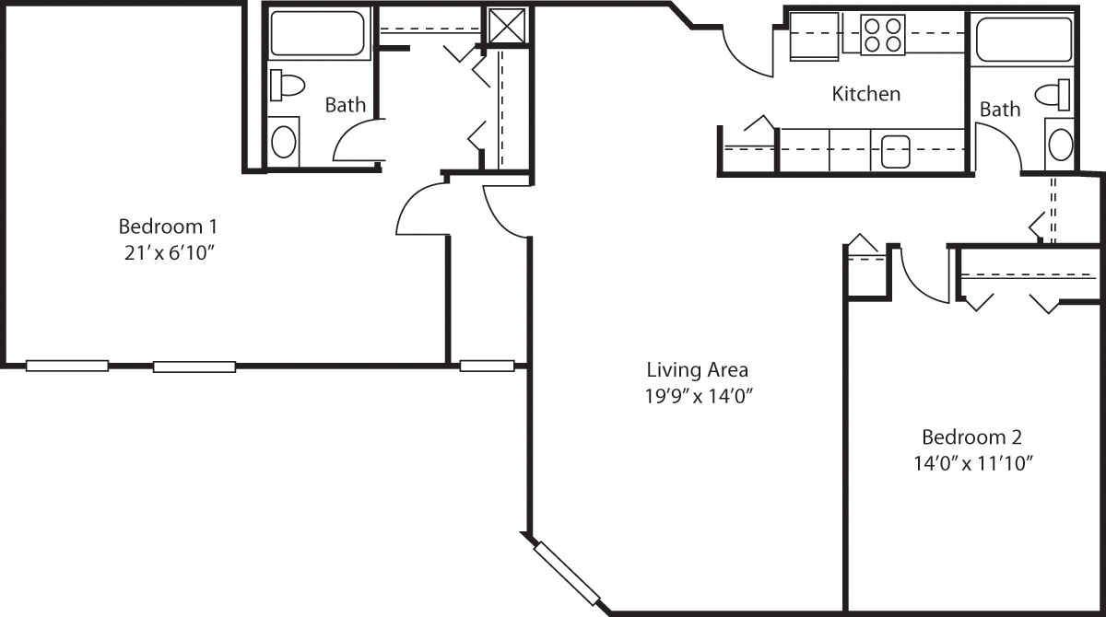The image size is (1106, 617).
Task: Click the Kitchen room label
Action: coord(866,94)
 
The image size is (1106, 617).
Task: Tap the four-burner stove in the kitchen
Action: coord(883,34)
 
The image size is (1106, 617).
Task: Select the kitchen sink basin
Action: coord(896,151)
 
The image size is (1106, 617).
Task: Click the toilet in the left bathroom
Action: coord(287,86)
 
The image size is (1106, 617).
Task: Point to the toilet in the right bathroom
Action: coord(1053,95)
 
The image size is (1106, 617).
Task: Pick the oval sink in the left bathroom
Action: coord(284,142)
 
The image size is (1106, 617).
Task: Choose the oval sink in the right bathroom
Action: coord(1061,144)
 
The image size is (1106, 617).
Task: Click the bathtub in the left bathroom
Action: coord(318,33)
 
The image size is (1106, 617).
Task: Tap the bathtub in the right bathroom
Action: coord(1024,39)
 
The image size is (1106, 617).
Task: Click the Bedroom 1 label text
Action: coord(168,227)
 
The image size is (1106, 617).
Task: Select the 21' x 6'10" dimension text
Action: coord(170,253)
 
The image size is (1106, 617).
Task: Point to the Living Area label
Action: coord(697,370)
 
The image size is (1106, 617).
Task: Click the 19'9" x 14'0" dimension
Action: coord(699,396)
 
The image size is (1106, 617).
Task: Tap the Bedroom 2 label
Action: coord(971,437)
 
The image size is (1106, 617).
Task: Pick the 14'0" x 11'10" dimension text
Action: coord(973,463)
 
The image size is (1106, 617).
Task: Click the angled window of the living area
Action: coord(567,574)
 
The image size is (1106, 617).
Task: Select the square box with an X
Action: coord(508,26)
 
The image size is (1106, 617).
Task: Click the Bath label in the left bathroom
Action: coord(345,105)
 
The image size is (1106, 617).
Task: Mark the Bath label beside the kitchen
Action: coord(1000,110)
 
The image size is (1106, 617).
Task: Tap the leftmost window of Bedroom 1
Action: coord(67,366)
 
